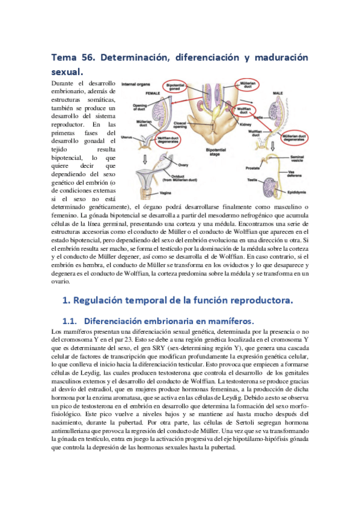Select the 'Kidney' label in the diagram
pyautogui.click(x=245, y=123)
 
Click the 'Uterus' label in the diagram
pyautogui.click(x=127, y=137)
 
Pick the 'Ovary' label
pyautogui.click(x=184, y=164)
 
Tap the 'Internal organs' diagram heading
pyautogui.click(x=135, y=85)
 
